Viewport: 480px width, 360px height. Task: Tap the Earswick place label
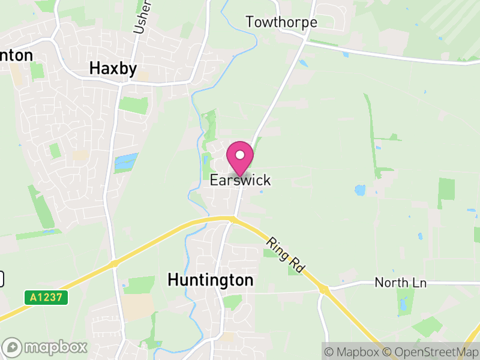[240, 180]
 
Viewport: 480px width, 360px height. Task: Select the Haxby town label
[113, 69]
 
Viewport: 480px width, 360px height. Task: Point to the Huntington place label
[211, 280]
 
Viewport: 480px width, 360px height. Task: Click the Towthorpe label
[281, 23]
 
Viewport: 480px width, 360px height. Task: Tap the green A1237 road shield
[46, 296]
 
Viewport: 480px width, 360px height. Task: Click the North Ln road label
[400, 282]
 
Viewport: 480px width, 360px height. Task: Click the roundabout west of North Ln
[325, 290]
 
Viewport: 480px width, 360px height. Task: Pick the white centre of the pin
[240, 155]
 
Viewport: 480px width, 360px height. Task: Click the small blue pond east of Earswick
[360, 190]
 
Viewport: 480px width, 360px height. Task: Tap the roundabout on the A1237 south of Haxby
[113, 263]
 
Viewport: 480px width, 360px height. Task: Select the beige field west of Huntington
[139, 306]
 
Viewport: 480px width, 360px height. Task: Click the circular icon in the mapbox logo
[13, 347]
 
